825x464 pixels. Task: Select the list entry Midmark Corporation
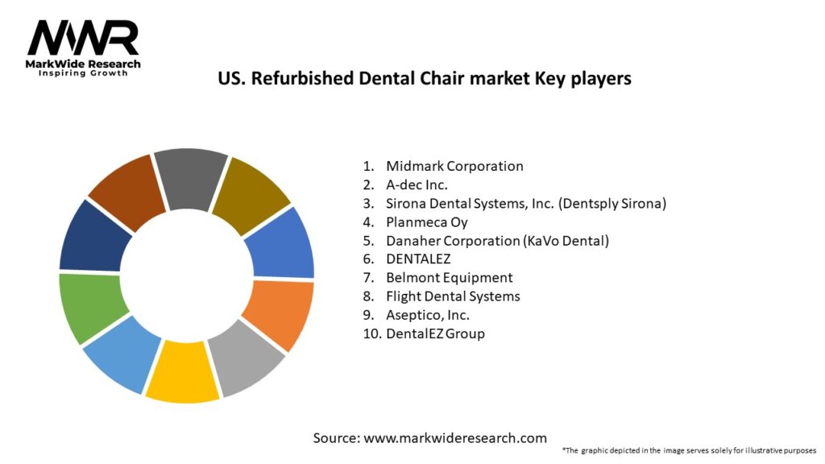coord(454,166)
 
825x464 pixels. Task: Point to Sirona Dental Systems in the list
coord(526,203)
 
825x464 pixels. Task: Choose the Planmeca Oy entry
coord(427,222)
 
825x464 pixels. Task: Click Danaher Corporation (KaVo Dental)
coord(497,240)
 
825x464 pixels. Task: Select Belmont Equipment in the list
coord(449,277)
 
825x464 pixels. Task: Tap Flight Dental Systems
coord(453,296)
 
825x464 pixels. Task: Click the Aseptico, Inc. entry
coord(428,314)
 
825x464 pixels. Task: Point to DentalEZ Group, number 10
coord(435,333)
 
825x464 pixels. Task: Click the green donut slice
coord(90,308)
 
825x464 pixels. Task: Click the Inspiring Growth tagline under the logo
coord(83,73)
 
